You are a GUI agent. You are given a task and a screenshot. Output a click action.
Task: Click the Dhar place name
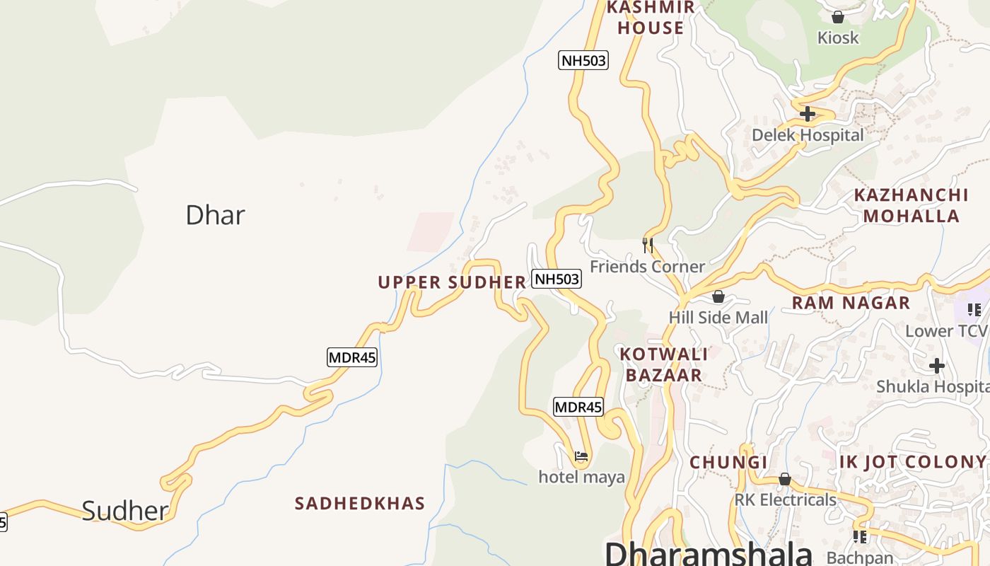tap(215, 215)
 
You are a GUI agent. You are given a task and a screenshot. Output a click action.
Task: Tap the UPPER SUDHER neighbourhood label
tap(452, 282)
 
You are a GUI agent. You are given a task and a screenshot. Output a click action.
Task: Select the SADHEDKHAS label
tap(360, 503)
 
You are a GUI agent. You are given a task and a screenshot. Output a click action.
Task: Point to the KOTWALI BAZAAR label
tap(664, 364)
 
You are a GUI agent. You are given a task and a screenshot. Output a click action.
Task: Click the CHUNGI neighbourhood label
tap(728, 462)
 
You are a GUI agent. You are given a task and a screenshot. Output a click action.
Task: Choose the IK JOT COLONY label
tap(912, 462)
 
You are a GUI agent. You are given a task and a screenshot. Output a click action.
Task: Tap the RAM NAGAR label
tap(851, 303)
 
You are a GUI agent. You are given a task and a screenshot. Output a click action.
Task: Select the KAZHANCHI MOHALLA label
tap(911, 205)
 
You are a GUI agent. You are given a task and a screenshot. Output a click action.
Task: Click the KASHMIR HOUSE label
tap(651, 18)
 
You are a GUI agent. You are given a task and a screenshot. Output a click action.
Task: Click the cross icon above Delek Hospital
tap(808, 114)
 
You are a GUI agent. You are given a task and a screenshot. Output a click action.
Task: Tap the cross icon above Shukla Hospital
tap(937, 366)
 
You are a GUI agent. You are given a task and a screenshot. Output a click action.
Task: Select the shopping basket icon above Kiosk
tap(838, 17)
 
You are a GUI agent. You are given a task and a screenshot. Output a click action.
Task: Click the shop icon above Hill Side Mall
tap(718, 296)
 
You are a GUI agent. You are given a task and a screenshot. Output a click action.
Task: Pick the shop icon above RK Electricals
tap(784, 480)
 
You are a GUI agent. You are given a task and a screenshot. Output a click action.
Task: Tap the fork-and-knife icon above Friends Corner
tap(647, 246)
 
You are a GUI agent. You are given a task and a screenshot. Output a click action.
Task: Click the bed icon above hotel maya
tap(581, 456)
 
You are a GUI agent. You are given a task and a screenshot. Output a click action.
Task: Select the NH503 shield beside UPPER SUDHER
tap(557, 279)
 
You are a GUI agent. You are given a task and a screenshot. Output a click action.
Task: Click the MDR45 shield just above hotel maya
tap(578, 407)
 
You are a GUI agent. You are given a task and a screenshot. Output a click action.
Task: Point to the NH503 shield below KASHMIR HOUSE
tap(583, 60)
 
